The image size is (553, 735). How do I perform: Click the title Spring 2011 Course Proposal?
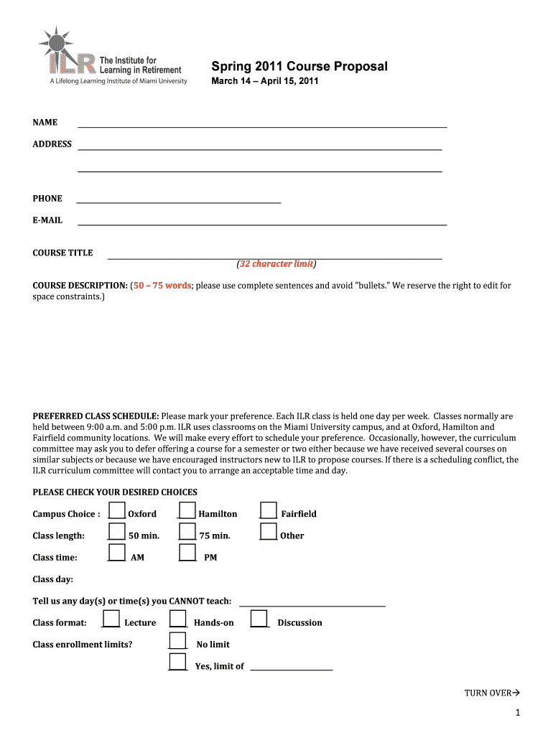(x=299, y=67)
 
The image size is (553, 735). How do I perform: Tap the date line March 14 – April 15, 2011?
(x=264, y=81)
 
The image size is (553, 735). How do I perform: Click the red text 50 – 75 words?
(x=162, y=286)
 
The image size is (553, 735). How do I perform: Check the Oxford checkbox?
(x=116, y=510)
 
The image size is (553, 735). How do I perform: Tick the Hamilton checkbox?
(x=187, y=510)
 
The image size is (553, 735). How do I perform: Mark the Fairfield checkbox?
(x=269, y=510)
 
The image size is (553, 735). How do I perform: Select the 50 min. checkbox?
(x=116, y=532)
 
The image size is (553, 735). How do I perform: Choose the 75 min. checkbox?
(x=187, y=532)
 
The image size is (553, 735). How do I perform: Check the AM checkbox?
(x=116, y=553)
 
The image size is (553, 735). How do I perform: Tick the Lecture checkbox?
(x=111, y=619)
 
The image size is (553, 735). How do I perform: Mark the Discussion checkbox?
(x=259, y=619)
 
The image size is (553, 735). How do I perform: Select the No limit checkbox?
(x=177, y=641)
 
